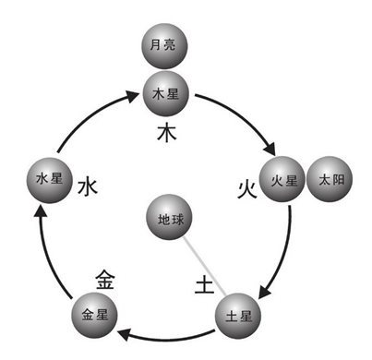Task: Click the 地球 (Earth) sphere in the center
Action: click(169, 222)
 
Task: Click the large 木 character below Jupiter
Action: click(167, 134)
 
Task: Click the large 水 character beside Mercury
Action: click(87, 187)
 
